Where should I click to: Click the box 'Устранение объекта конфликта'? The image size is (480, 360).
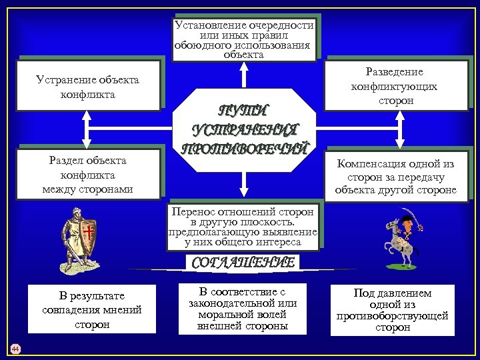pos(87,86)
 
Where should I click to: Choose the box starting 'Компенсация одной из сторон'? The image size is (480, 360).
pos(395,175)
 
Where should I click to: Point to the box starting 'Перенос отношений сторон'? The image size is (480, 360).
pos(243,227)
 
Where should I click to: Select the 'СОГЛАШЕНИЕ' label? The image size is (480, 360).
pos(243,263)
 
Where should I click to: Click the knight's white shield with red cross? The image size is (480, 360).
pos(88,235)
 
